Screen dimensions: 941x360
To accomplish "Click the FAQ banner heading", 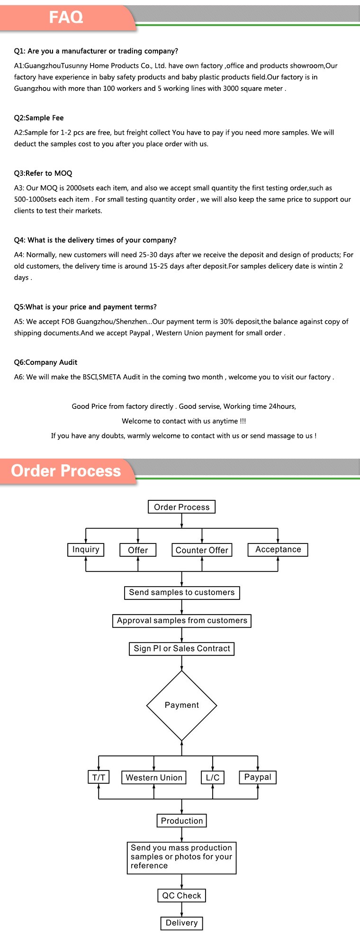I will [x=66, y=18].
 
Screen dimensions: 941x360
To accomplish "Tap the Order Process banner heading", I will [x=66, y=470].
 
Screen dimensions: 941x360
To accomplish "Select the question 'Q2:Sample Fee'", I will [x=39, y=118].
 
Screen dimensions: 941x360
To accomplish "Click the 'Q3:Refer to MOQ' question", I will [x=43, y=173].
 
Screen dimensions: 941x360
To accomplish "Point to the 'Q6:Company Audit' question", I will [x=45, y=362].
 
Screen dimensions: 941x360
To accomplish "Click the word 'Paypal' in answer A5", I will [x=140, y=333].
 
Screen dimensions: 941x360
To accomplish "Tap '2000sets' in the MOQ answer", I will [x=81, y=188].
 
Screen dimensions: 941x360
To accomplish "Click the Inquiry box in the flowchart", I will [x=86, y=550].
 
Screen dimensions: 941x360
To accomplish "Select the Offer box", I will [x=138, y=550].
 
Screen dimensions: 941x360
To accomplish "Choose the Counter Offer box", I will [x=202, y=550].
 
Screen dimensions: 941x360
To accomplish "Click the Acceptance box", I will [x=278, y=550].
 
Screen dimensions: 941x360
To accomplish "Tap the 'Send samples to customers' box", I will [x=182, y=593].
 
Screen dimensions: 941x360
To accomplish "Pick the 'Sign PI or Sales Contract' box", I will [x=182, y=649].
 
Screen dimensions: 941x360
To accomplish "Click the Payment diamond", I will [x=182, y=705].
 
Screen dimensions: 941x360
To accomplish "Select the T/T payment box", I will [x=99, y=778].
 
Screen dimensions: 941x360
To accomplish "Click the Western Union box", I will [x=154, y=778].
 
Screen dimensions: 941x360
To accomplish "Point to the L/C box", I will [x=213, y=778].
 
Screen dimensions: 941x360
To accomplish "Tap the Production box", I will [x=182, y=821].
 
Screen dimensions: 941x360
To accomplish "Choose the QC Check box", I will [x=182, y=896].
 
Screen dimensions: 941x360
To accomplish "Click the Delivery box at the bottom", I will [x=182, y=923].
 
